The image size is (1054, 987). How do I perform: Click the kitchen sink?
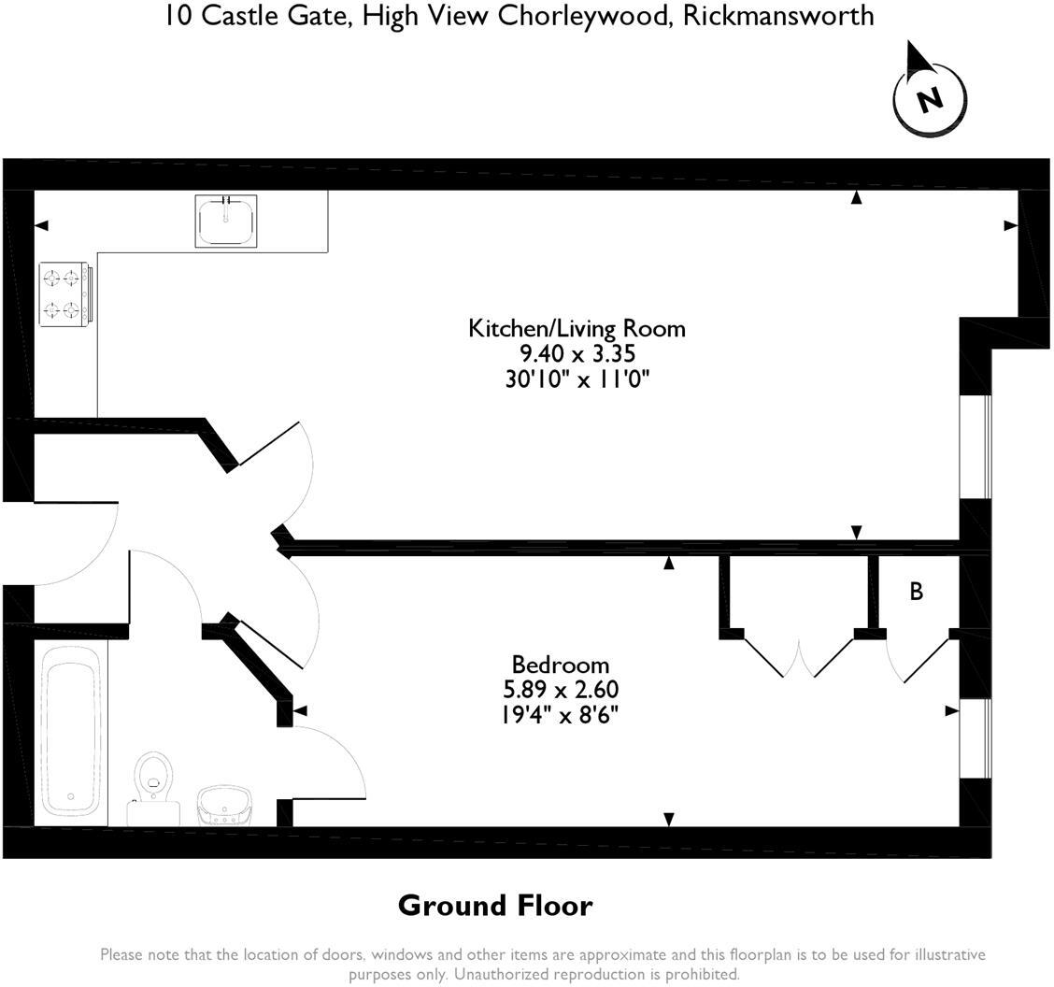226,221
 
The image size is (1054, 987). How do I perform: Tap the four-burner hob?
65,293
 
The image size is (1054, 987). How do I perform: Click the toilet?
154,788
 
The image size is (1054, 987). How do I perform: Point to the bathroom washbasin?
225,805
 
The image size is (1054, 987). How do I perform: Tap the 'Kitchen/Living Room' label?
577,328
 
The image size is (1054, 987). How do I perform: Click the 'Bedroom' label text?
560,665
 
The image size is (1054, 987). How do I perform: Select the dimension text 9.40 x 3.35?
577,353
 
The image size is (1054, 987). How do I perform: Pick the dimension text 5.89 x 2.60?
561,689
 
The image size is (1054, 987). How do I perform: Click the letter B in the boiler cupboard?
917,591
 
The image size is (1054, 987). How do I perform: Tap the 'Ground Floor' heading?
495,906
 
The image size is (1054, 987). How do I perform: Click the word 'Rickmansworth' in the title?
778,16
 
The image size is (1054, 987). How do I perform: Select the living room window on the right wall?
976,447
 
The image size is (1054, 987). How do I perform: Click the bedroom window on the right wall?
976,739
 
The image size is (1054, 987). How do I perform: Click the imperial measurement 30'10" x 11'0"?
577,379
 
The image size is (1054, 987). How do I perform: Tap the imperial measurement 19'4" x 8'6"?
560,715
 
